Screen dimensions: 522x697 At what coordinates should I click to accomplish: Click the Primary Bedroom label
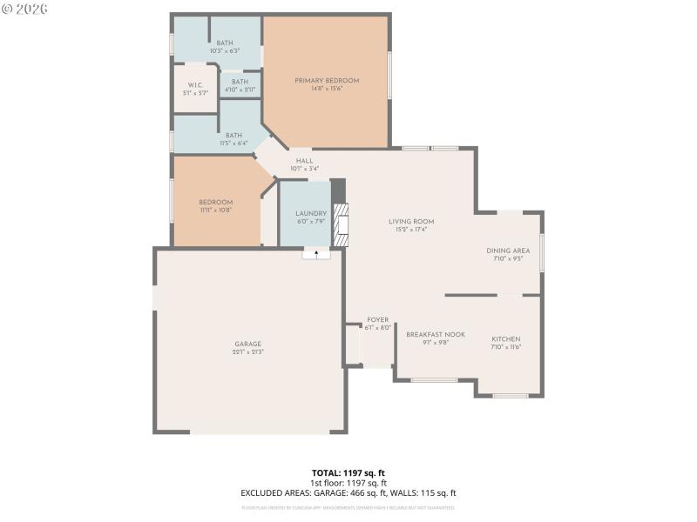coord(326,81)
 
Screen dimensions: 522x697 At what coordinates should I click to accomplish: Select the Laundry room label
coord(311,213)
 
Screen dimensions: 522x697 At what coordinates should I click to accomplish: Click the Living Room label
coord(411,222)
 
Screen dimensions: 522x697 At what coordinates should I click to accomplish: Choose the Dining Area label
coord(508,251)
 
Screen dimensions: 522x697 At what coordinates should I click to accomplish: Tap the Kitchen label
coord(505,338)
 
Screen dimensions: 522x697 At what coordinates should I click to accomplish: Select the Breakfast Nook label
coord(435,334)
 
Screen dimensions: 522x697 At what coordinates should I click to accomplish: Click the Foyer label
coord(377,320)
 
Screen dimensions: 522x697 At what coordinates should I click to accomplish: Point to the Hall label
coord(304,161)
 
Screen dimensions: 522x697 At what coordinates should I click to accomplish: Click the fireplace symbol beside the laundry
coord(342,225)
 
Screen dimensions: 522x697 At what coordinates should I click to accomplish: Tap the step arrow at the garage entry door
coord(316,253)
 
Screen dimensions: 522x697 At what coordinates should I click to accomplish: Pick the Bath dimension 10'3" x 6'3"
coord(225,51)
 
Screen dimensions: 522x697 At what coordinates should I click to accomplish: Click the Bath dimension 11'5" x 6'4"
coord(233,144)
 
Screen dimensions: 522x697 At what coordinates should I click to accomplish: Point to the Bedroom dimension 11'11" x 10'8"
coord(215,210)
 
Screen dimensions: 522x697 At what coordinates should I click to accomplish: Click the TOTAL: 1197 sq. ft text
coord(348,472)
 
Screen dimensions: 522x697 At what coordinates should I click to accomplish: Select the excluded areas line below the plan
coord(348,492)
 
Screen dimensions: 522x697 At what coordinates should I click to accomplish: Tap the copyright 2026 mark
coord(24,9)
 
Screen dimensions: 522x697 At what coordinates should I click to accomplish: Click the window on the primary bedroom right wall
coord(389,75)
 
